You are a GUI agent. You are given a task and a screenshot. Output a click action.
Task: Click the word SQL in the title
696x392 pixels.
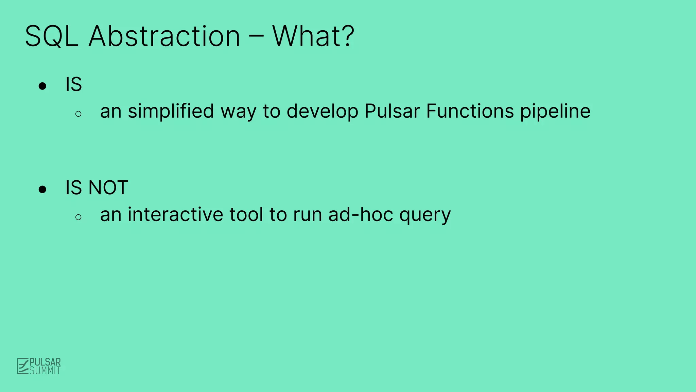click(x=52, y=36)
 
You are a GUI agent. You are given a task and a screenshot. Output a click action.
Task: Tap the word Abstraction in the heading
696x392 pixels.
click(x=164, y=36)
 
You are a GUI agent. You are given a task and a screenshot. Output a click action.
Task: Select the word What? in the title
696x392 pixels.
click(x=313, y=36)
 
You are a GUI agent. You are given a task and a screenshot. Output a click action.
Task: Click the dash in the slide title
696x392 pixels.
click(x=256, y=37)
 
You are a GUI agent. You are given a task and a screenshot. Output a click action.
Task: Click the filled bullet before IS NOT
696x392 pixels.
click(x=42, y=189)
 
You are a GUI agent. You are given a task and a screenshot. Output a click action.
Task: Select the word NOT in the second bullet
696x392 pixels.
click(x=108, y=188)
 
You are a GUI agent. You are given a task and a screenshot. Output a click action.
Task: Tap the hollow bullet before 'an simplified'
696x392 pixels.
click(x=79, y=114)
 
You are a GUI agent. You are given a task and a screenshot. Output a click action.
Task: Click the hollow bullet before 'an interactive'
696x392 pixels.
click(x=79, y=217)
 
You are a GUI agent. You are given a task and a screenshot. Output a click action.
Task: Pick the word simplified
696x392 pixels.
click(x=171, y=112)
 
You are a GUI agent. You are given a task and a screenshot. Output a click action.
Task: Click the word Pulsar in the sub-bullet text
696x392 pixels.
click(x=392, y=112)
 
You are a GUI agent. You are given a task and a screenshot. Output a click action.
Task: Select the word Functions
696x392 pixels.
click(x=470, y=112)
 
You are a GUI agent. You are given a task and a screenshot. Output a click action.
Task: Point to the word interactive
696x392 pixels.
click(x=175, y=215)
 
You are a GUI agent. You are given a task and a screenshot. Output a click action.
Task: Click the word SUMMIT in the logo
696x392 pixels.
click(x=45, y=371)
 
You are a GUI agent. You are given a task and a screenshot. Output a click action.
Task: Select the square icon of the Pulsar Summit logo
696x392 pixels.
click(x=23, y=366)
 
